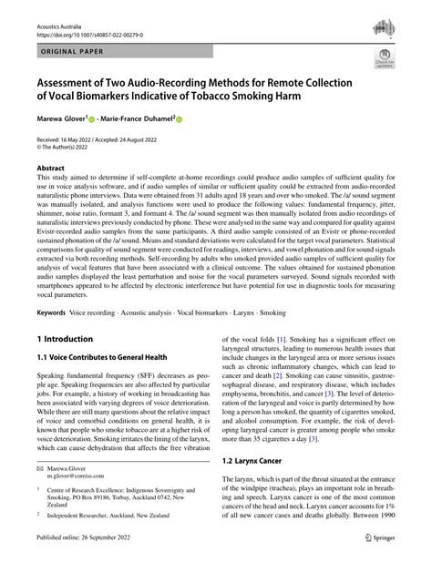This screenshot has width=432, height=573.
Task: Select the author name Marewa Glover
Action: pyautogui.click(x=59, y=118)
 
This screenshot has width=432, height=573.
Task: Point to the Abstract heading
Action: pyautogui.click(x=50, y=168)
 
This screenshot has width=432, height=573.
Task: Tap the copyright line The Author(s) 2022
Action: pyautogui.click(x=64, y=145)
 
